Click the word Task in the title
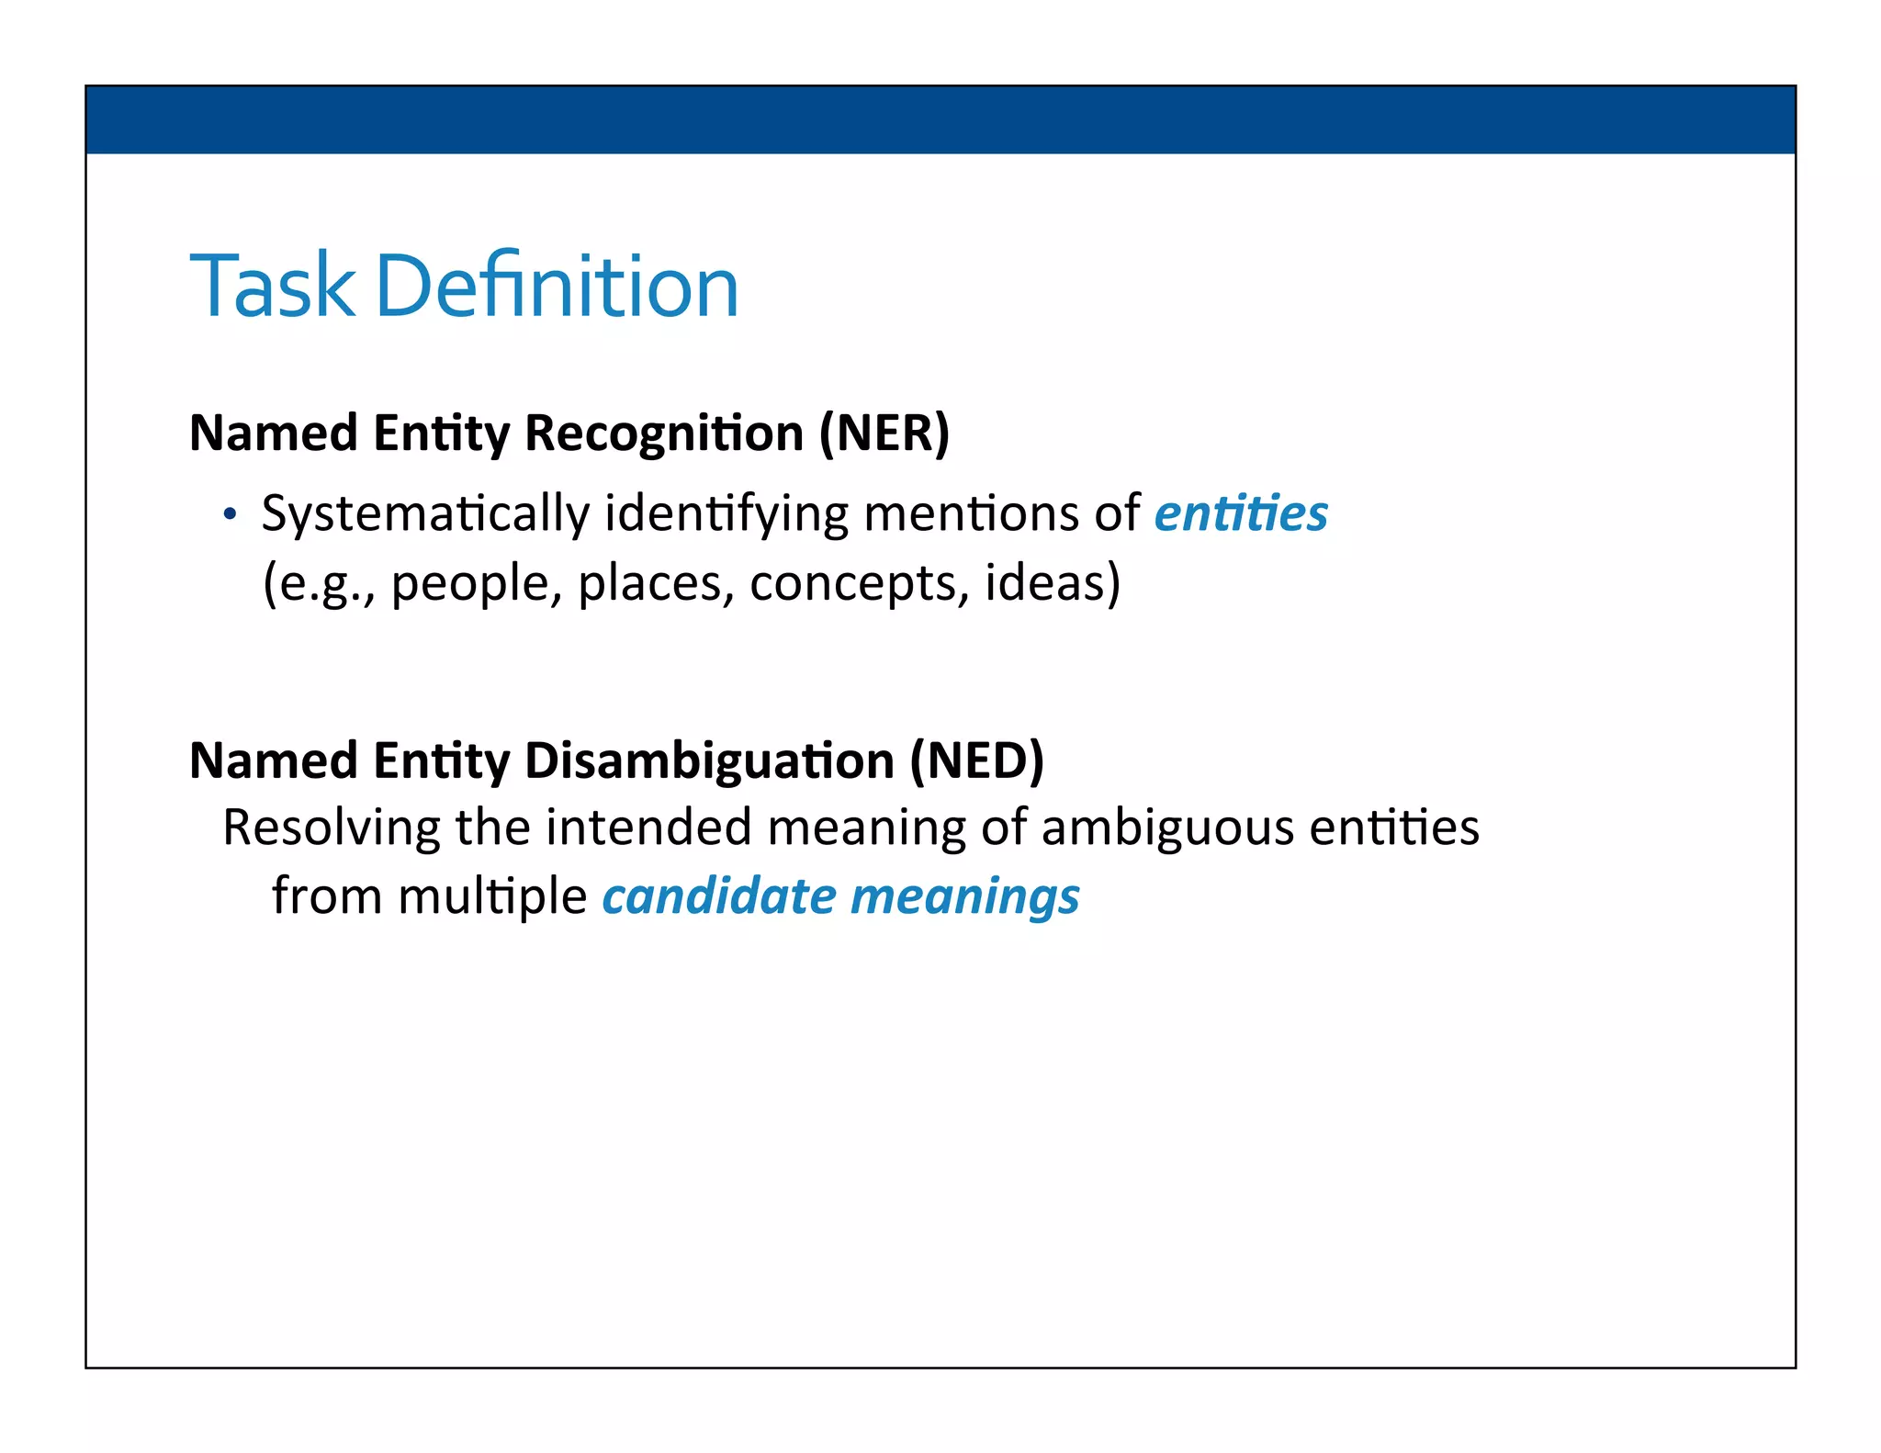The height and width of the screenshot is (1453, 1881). click(x=272, y=287)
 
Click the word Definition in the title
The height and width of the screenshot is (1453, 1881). click(x=557, y=287)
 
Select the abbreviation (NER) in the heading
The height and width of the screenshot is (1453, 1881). click(x=884, y=433)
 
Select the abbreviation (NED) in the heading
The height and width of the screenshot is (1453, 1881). click(x=977, y=760)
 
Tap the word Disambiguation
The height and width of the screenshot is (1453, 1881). click(x=709, y=760)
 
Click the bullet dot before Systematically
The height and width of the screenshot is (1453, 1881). click(x=230, y=514)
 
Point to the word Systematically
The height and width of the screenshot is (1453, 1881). click(x=425, y=514)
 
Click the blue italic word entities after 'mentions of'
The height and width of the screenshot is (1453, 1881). click(x=1241, y=513)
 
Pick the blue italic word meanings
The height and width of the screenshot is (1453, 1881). click(x=965, y=897)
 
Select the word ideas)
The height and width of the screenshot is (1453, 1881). click(x=1053, y=582)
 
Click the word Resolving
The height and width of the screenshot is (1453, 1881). click(x=332, y=828)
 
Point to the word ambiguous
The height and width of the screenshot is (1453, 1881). click(x=1167, y=828)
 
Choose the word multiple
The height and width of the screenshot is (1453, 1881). click(x=493, y=897)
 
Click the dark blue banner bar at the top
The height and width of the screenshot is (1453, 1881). click(x=940, y=119)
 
